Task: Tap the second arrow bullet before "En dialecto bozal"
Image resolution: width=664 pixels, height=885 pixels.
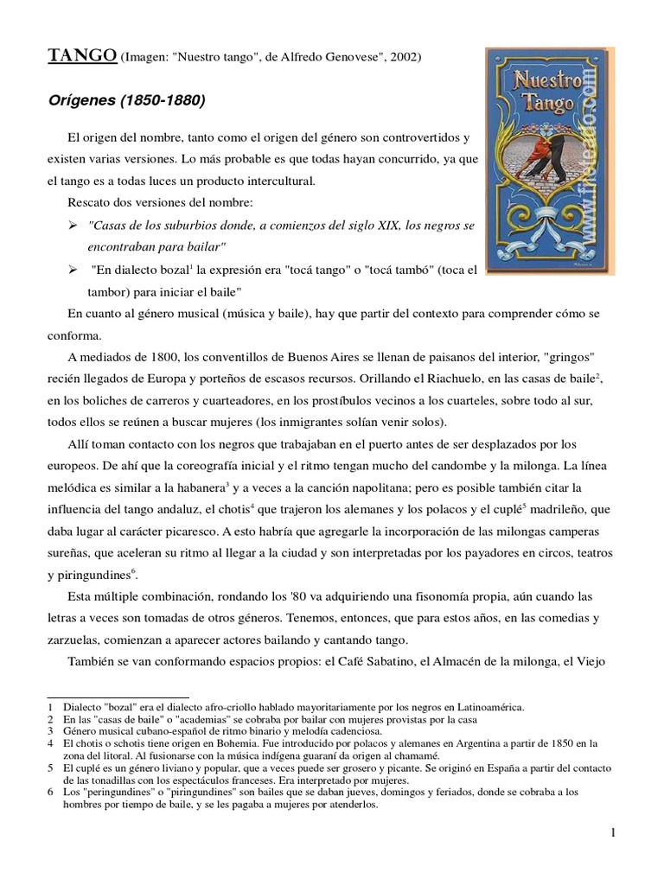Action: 73,269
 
